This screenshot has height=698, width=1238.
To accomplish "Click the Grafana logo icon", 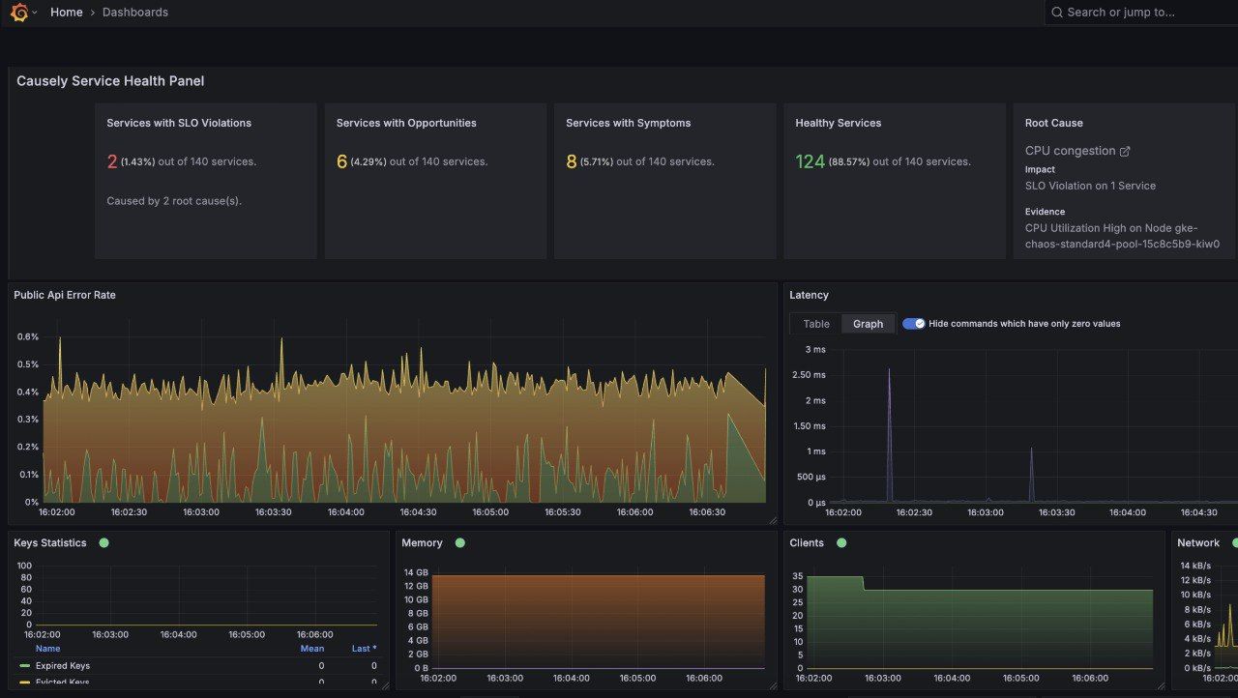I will [18, 13].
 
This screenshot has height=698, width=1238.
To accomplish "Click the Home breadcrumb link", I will [66, 13].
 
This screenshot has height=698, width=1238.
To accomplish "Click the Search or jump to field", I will [1141, 13].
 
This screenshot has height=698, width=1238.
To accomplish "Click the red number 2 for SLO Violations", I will [112, 161].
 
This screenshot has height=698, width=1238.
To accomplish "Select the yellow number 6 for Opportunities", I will [341, 161].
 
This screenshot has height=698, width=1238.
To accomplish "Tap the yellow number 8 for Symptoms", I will [572, 161].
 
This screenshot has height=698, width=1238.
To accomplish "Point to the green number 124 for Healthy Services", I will [810, 161].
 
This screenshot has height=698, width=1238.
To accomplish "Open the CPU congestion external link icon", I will [1125, 151].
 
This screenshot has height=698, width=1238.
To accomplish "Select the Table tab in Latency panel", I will [816, 324].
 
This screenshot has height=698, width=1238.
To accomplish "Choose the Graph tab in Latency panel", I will [868, 324].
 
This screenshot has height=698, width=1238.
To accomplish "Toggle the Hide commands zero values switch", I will [913, 324].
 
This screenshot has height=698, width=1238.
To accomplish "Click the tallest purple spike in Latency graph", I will [889, 370].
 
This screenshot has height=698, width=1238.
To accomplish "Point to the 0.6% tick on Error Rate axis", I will [27, 337].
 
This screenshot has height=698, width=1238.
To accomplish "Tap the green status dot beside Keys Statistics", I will [103, 543].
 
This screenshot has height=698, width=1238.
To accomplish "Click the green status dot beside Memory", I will [459, 543].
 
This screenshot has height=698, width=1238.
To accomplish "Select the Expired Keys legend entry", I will [62, 666].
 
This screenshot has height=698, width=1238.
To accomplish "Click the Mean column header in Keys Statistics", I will [311, 649].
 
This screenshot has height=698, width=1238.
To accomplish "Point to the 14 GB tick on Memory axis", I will [415, 572].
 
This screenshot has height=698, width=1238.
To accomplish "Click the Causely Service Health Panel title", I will [110, 81].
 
